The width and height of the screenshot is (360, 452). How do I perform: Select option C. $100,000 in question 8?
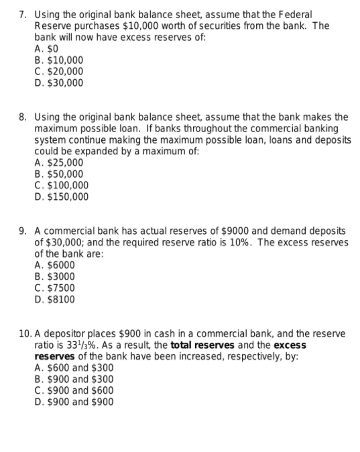coord(61,185)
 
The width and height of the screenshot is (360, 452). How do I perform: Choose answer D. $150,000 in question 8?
coord(61,196)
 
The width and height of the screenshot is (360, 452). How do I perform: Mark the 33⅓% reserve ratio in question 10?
coord(73,345)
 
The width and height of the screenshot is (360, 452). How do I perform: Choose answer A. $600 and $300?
coord(74,368)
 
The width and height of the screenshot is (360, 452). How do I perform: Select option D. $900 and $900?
coord(74,402)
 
